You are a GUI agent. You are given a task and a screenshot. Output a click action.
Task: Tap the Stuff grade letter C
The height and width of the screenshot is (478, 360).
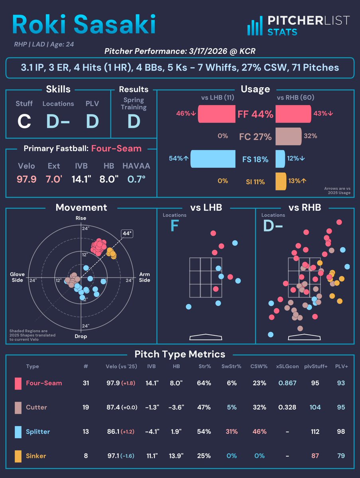click(24, 121)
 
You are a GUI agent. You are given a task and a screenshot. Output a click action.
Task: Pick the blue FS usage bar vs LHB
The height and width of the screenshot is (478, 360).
click(213, 159)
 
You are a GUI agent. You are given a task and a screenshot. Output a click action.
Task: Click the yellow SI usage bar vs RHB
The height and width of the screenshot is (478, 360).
click(281, 181)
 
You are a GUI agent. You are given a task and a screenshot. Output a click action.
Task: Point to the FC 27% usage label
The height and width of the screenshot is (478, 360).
click(256, 137)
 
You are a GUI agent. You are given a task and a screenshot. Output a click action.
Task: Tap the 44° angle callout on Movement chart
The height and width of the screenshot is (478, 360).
click(127, 234)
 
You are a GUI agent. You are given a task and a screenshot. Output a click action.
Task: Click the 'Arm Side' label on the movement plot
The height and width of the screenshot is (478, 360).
click(144, 277)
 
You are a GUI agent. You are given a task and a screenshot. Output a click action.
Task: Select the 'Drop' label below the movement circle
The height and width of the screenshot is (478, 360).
click(81, 336)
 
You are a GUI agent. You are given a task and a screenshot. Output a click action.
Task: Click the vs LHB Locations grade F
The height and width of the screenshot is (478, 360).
click(174, 226)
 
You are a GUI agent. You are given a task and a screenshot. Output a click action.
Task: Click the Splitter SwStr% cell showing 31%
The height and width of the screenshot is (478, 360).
click(232, 432)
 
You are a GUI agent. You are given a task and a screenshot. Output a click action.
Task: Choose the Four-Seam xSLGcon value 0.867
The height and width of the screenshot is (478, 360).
click(287, 383)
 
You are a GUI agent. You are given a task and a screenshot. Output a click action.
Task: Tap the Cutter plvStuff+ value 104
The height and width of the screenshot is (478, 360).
click(315, 407)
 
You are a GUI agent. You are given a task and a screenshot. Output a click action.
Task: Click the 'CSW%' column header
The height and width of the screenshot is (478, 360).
click(259, 366)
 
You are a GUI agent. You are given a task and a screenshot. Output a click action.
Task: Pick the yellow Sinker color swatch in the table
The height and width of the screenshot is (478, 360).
click(18, 456)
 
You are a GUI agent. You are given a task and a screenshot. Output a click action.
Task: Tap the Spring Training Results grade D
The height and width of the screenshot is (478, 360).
click(134, 121)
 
